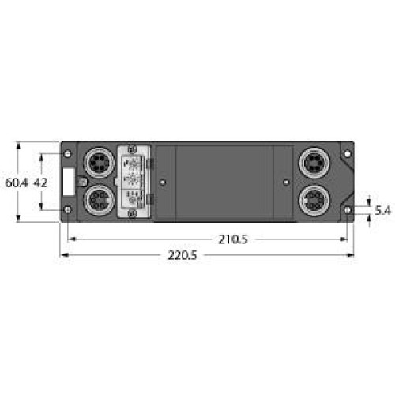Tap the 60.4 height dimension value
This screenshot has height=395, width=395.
point(16,182)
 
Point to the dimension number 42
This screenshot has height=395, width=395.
point(43,182)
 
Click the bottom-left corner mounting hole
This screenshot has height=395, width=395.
point(68,209)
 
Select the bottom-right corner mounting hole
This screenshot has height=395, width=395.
point(348,209)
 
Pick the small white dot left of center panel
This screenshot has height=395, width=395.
point(162,182)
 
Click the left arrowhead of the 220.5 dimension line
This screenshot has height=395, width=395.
point(64,255)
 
